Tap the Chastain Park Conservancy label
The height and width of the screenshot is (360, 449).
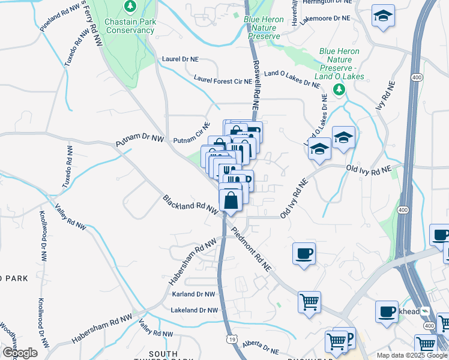click(130, 25)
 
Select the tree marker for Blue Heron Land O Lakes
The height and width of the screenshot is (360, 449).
click(339, 90)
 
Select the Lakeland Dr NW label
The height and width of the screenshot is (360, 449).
click(193, 310)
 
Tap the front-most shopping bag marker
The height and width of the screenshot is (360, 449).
click(231, 200)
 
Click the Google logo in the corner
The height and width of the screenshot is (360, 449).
click(19, 353)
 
